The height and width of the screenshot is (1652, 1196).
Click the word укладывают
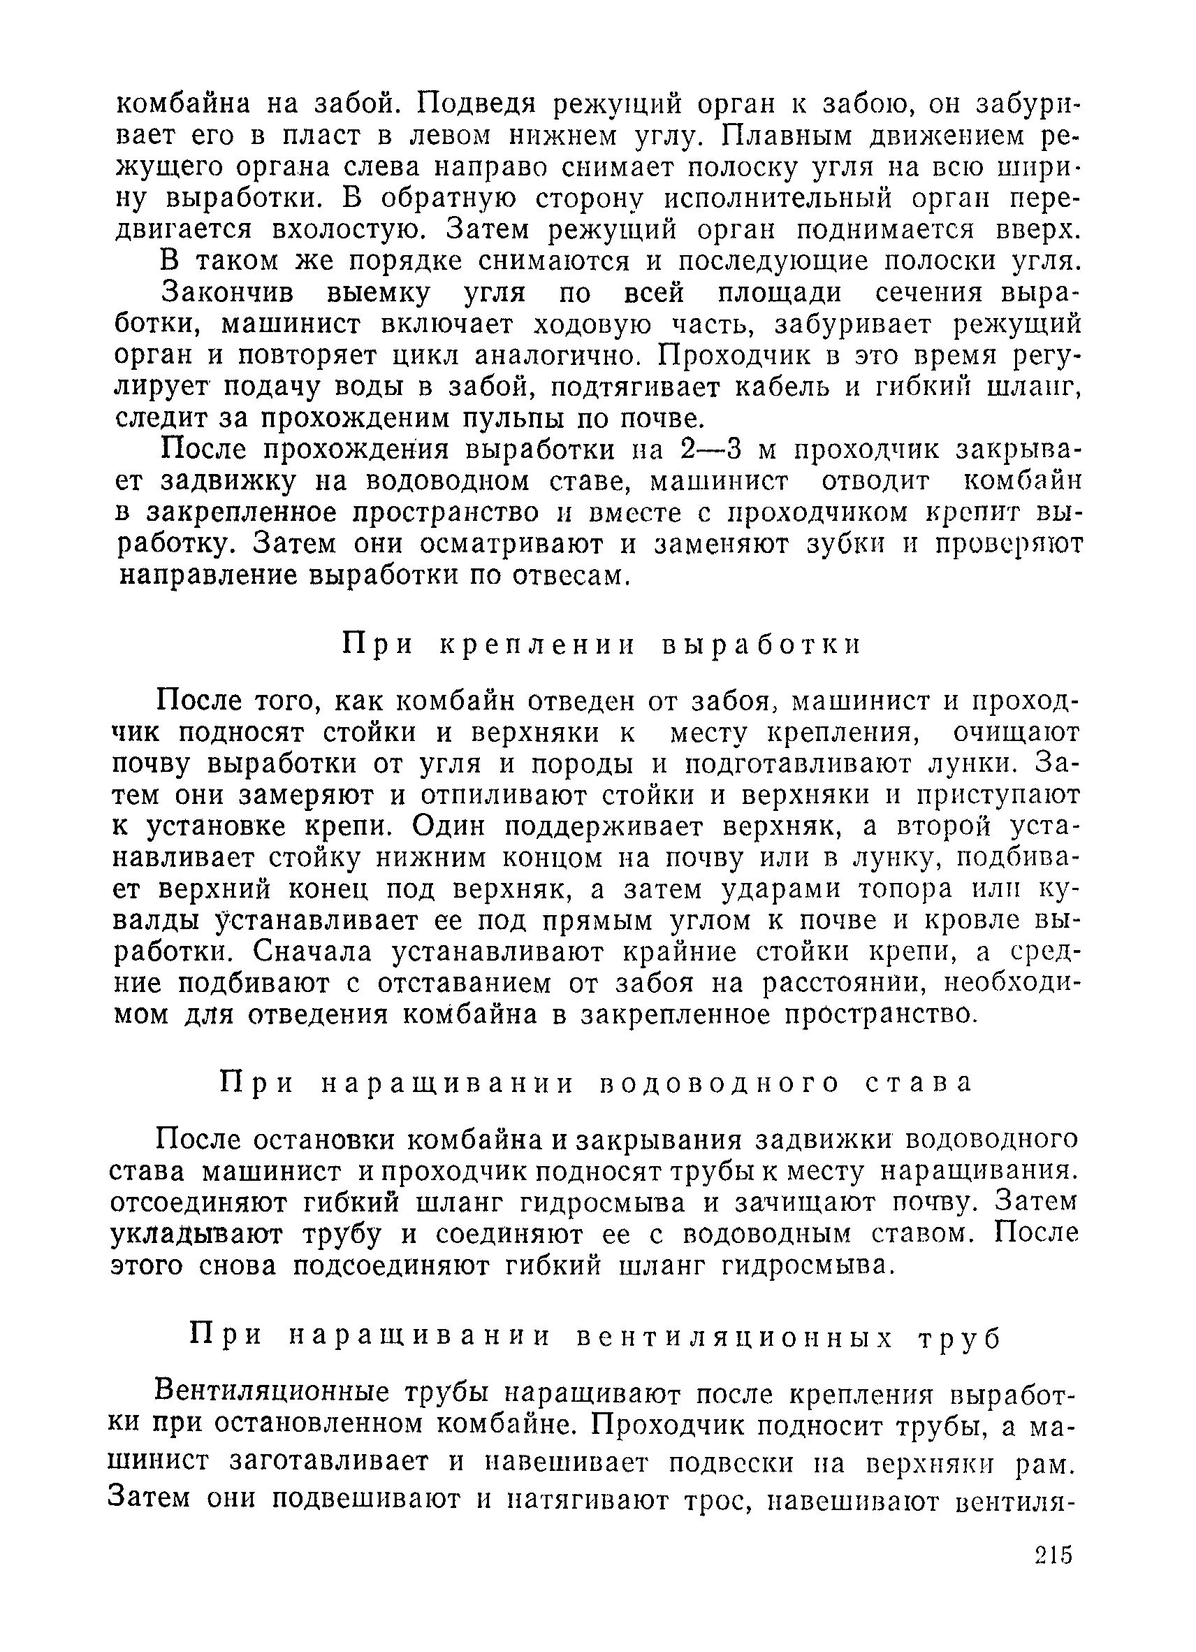(196, 1234)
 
